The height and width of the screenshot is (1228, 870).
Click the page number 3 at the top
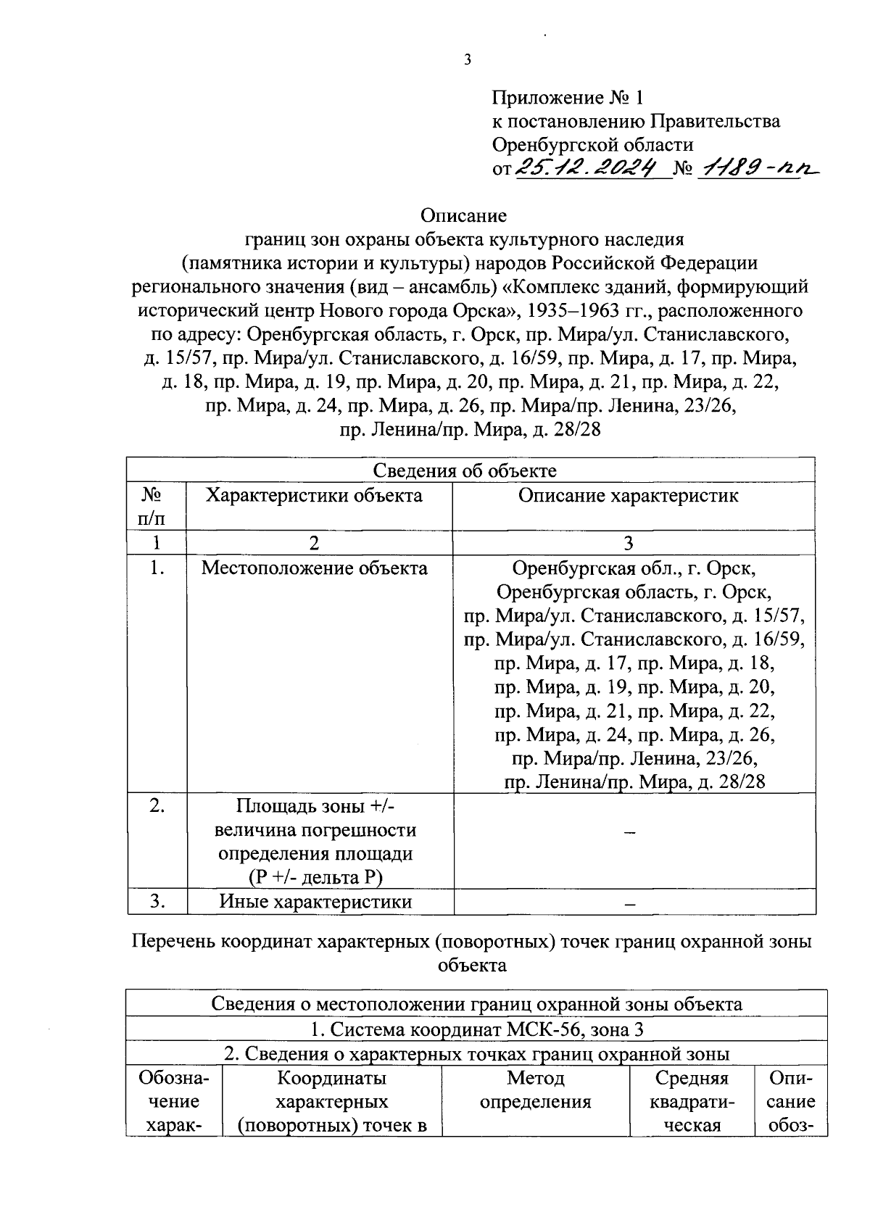pyautogui.click(x=468, y=60)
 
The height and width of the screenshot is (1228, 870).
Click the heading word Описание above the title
pyautogui.click(x=464, y=215)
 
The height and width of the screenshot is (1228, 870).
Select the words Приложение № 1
pyautogui.click(x=567, y=97)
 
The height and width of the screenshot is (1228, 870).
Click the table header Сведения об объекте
pyautogui.click(x=465, y=470)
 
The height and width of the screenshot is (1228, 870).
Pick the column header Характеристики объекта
pyautogui.click(x=314, y=496)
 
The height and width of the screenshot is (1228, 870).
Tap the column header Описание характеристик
pyautogui.click(x=629, y=496)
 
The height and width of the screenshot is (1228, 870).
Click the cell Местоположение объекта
pyautogui.click(x=315, y=568)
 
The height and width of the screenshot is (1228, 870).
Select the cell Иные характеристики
pyautogui.click(x=315, y=902)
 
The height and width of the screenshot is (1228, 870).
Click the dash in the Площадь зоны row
pyautogui.click(x=629, y=834)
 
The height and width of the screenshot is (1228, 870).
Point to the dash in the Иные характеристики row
pyautogui.click(x=629, y=903)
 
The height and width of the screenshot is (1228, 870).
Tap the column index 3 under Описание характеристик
pyautogui.click(x=629, y=543)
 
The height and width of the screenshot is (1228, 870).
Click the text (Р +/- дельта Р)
pyautogui.click(x=315, y=878)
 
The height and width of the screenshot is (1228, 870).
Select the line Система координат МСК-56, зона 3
pyautogui.click(x=476, y=1029)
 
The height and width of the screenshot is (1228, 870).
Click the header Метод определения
pyautogui.click(x=535, y=1090)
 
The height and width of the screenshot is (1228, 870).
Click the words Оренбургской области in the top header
pyautogui.click(x=592, y=145)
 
